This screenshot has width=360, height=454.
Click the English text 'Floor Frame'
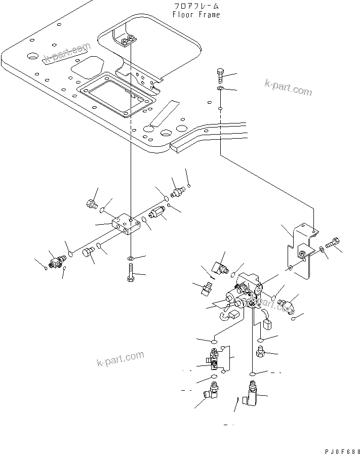click(196, 15)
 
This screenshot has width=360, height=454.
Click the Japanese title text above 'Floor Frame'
click(196, 6)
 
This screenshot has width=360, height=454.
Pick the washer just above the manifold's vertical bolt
click(131, 259)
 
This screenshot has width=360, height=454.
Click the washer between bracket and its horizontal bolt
click(322, 249)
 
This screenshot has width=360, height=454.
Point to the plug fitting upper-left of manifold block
click(91, 204)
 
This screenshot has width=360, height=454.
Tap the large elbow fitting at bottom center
click(251, 394)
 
